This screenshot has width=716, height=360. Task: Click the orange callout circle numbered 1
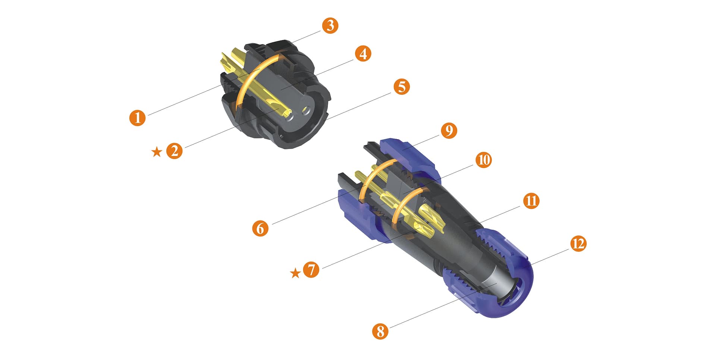point(138,118)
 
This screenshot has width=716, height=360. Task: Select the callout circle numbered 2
point(175,151)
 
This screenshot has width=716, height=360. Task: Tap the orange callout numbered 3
point(330,25)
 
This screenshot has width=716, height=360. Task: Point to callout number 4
point(363,53)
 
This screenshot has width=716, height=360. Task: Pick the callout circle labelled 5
point(401,87)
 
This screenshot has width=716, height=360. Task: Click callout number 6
point(260,228)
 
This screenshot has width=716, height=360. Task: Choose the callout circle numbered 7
point(311,269)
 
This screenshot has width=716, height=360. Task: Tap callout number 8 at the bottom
point(380,331)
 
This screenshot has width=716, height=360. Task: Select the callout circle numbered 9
point(449,131)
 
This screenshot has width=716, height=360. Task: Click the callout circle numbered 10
point(483,160)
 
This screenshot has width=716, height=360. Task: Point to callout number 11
point(531,201)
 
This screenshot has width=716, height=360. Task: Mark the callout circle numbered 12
point(578,244)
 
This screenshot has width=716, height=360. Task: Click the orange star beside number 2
point(157,152)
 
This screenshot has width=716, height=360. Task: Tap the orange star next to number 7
point(295,273)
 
